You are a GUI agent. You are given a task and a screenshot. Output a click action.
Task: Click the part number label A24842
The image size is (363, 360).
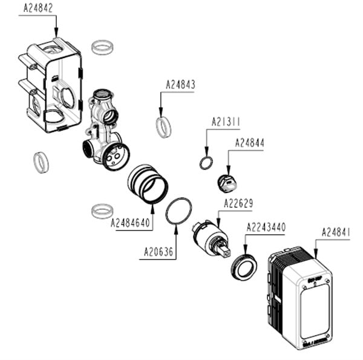pyautogui.click(x=38, y=8)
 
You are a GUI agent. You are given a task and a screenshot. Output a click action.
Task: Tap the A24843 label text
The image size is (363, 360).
pyautogui.click(x=180, y=86)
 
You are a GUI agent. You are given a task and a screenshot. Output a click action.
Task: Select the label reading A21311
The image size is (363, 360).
pyautogui.click(x=226, y=122)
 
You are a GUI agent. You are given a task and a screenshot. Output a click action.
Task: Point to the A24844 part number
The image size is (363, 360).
pyautogui.click(x=249, y=143)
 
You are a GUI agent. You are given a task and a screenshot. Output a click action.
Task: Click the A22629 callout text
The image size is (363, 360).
pyautogui.click(x=238, y=203)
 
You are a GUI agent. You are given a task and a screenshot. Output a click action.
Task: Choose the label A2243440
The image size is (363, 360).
pyautogui.click(x=266, y=227)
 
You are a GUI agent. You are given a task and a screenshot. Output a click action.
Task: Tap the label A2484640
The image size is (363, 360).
pyautogui.click(x=130, y=223)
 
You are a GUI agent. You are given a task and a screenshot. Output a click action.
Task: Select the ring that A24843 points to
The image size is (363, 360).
pyautogui.click(x=163, y=127)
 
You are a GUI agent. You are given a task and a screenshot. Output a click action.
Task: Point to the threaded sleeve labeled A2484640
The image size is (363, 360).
pyautogui.click(x=148, y=183)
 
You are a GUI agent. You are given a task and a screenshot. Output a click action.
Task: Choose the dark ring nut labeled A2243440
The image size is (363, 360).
pyautogui.click(x=244, y=267)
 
